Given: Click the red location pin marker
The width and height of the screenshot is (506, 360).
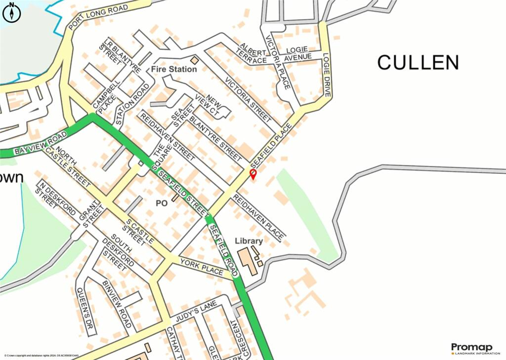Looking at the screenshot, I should (x=253, y=174).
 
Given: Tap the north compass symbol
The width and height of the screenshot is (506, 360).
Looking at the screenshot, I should (x=12, y=12).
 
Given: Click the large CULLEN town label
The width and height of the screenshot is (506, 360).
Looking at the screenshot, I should (x=418, y=63).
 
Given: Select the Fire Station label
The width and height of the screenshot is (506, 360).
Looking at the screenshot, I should (x=174, y=69).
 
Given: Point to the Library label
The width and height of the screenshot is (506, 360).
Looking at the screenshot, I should (x=249, y=241).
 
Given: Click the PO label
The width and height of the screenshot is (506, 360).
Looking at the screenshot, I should (x=162, y=202).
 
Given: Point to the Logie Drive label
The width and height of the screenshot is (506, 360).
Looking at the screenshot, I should (x=327, y=75).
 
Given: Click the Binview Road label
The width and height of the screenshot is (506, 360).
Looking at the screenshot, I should (x=117, y=305).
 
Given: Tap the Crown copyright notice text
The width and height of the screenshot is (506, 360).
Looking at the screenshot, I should (x=42, y=356).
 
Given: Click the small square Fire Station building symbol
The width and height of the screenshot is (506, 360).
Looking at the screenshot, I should (x=194, y=60).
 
